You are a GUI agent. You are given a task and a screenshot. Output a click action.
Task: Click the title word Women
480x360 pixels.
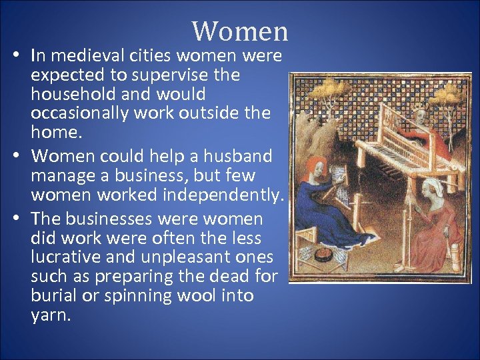pyautogui.click(x=240, y=31)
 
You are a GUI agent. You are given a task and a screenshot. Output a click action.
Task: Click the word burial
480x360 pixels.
pyautogui.click(x=59, y=295)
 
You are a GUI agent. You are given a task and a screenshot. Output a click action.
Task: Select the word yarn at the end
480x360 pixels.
pyautogui.click(x=50, y=315)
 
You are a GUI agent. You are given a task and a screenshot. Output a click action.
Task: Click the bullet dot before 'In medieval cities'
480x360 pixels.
pyautogui.click(x=14, y=56)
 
